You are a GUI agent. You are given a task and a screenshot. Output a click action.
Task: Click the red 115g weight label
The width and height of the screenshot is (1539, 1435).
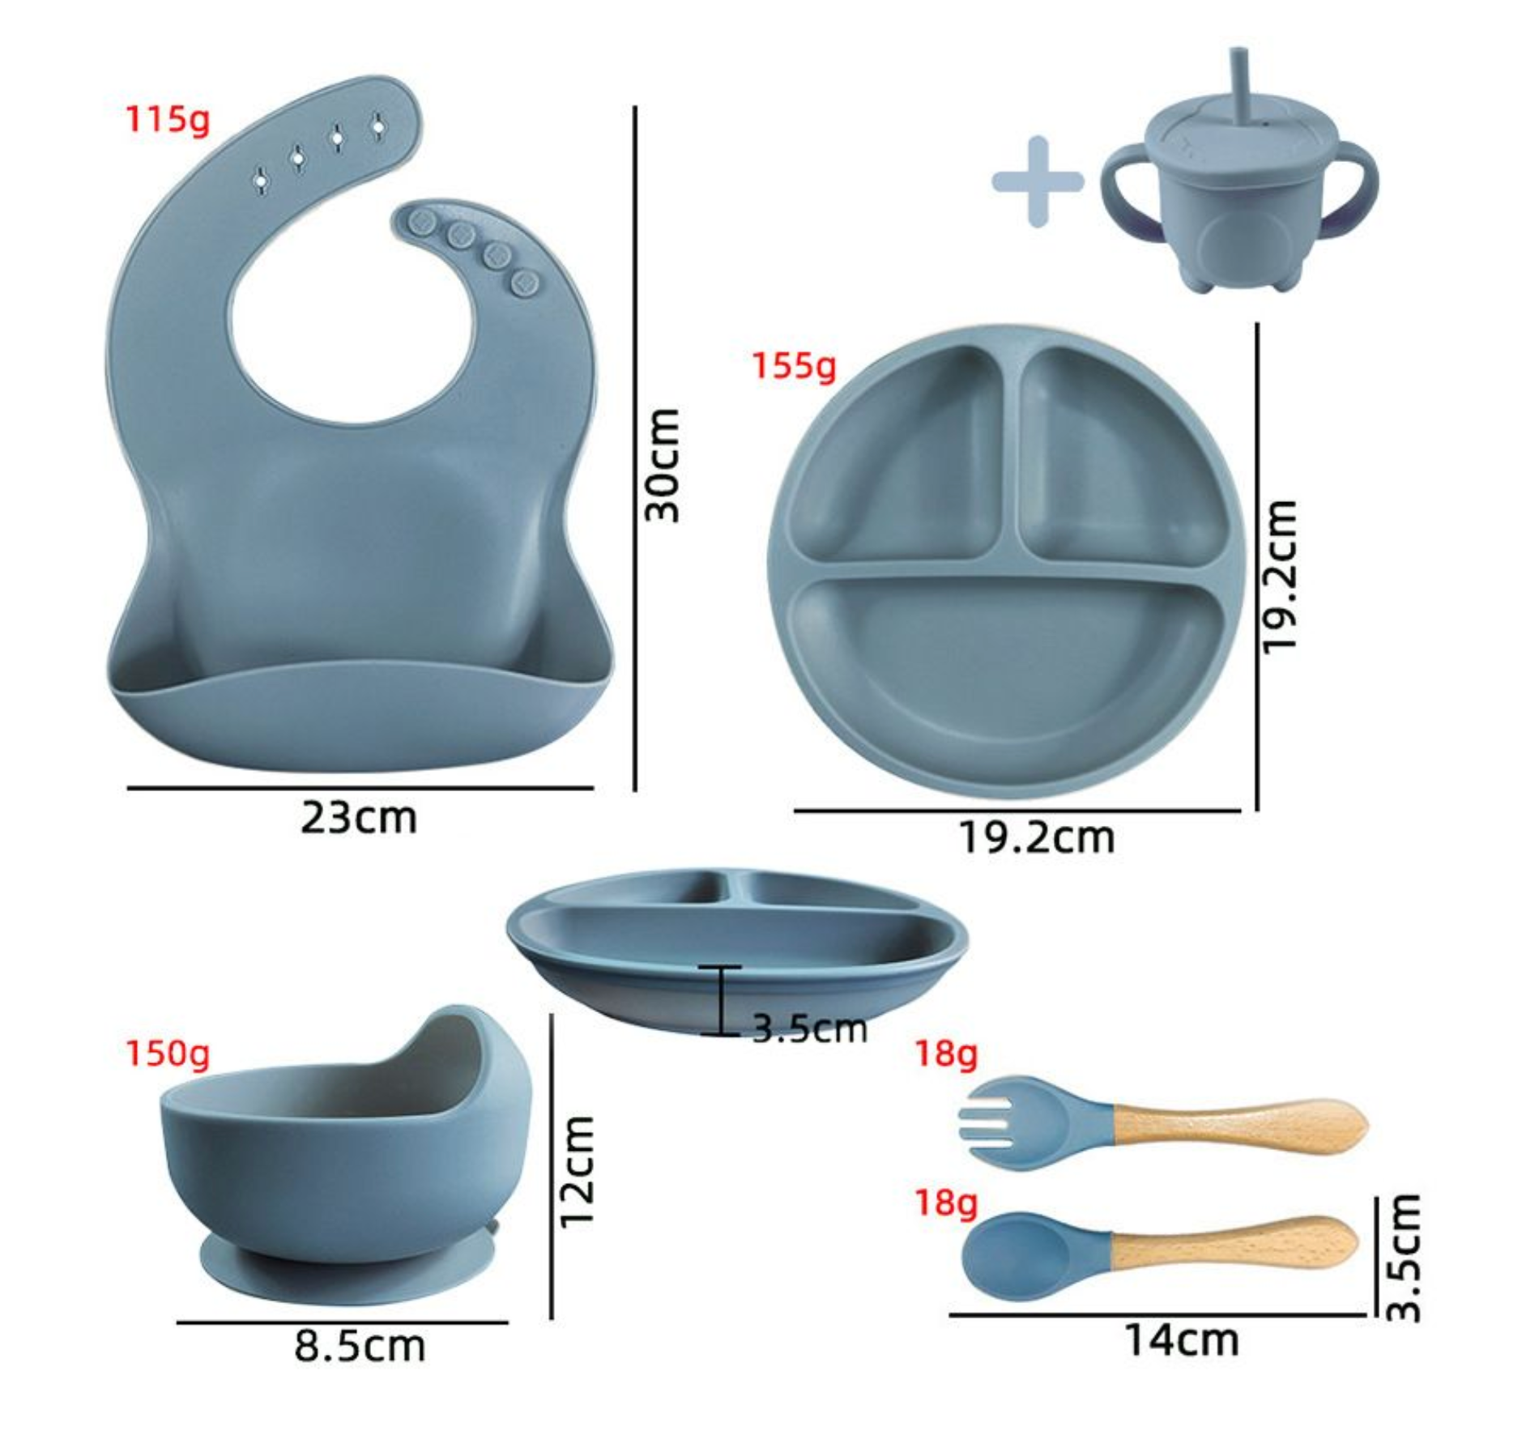(x=168, y=120)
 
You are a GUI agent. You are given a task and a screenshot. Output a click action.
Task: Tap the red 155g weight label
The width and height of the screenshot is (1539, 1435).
(x=794, y=366)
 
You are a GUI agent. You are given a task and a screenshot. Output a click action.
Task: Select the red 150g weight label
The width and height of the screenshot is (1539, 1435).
(x=168, y=1053)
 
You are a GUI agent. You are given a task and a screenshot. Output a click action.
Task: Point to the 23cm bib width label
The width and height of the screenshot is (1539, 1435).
(x=359, y=818)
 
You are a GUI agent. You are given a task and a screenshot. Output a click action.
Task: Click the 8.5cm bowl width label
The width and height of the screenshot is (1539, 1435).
(x=359, y=1346)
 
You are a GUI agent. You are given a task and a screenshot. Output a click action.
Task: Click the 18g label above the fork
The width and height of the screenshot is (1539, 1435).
(x=946, y=1054)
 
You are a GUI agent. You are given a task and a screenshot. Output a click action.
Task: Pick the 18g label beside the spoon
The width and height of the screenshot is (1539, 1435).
(x=946, y=1203)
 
